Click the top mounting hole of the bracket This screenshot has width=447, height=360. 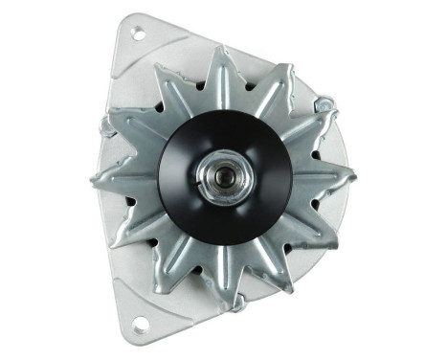point(137,35)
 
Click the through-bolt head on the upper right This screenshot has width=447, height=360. point(324,103)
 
